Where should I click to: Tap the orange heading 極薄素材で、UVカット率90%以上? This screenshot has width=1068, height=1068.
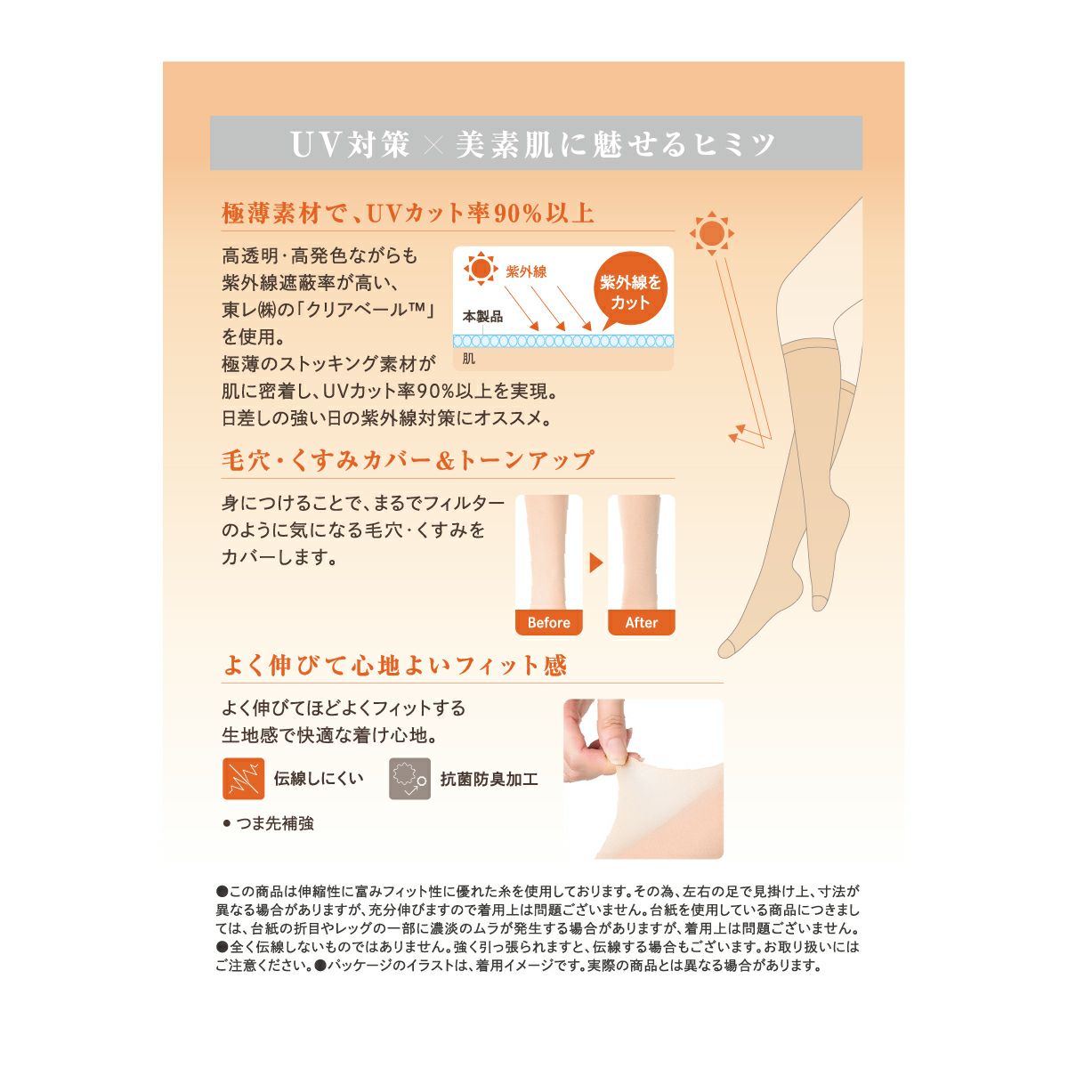(x=408, y=214)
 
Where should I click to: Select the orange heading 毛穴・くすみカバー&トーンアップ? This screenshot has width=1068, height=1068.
(x=408, y=460)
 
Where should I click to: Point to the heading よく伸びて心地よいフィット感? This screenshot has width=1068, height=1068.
(x=394, y=665)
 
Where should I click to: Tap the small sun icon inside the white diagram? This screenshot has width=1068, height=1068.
(x=480, y=268)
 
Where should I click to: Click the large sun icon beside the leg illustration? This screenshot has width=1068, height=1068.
(x=712, y=233)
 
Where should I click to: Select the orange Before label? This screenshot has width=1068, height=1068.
(x=548, y=622)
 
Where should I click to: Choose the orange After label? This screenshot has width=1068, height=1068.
(x=641, y=622)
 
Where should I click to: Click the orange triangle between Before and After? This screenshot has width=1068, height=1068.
(x=595, y=562)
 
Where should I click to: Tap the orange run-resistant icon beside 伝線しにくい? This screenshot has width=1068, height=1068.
(x=243, y=779)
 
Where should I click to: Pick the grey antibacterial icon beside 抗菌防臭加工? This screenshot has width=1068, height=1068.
(x=409, y=779)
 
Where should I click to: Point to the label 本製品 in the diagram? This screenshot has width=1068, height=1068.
(x=482, y=317)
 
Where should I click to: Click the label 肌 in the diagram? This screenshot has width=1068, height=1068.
(x=469, y=359)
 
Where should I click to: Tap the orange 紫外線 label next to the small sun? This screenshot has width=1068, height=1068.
(x=526, y=271)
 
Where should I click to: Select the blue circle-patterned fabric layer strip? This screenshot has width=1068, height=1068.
(x=563, y=341)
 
